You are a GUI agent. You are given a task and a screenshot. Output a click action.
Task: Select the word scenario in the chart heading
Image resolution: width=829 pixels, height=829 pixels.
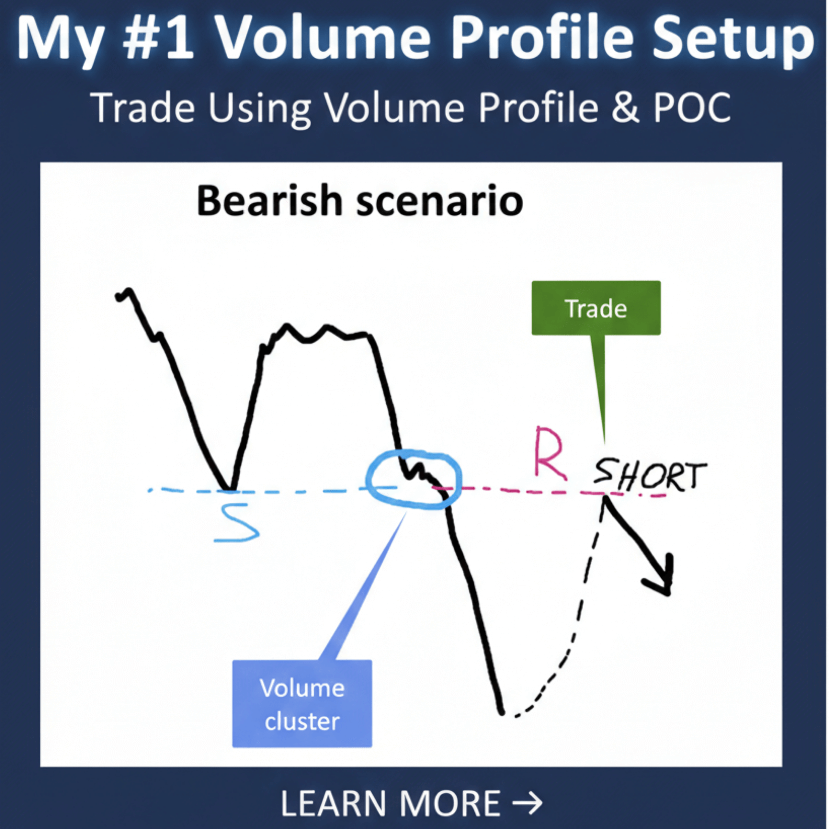pos(440,201)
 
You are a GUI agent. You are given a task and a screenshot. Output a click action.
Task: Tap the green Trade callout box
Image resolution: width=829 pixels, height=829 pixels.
pos(596,308)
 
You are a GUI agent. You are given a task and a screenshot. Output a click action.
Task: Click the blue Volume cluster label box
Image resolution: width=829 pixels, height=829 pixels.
pos(302,704)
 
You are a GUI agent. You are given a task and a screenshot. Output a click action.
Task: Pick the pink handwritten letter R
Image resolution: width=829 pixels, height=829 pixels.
pos(549,454)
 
